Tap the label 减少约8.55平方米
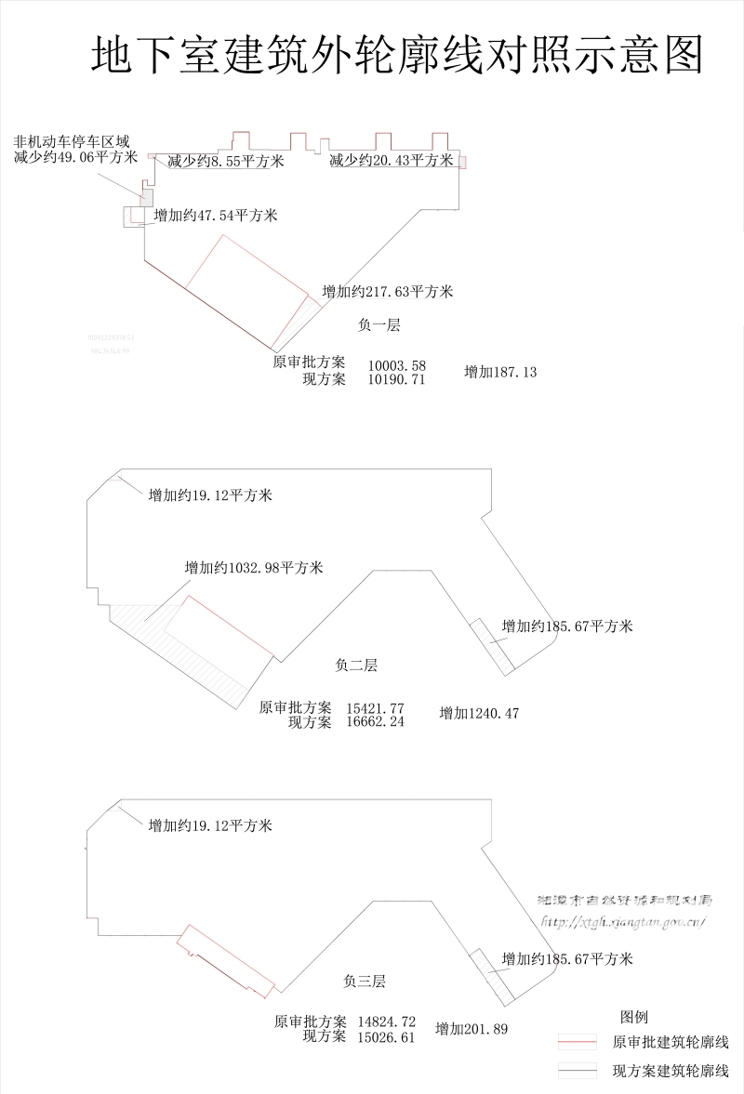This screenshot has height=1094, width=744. [x=225, y=162]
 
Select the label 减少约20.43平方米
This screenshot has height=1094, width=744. [x=392, y=161]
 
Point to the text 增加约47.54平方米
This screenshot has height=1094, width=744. [x=216, y=216]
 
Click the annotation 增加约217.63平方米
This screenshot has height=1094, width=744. [x=388, y=292]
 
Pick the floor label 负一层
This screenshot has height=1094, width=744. [x=379, y=324]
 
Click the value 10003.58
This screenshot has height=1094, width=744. [x=397, y=365]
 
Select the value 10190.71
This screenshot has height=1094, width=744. [x=397, y=379]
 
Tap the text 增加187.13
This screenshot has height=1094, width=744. [x=500, y=373]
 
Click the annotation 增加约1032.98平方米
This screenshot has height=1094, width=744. [x=254, y=568]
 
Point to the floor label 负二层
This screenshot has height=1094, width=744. [x=356, y=666]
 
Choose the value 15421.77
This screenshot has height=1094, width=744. [x=375, y=708]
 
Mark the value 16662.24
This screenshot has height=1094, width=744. [x=375, y=722]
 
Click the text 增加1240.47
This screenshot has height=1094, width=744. [x=479, y=714]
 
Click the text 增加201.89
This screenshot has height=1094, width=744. [x=472, y=1029]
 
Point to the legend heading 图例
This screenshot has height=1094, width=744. [x=634, y=1017]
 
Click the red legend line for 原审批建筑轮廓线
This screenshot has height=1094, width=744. [x=577, y=1043]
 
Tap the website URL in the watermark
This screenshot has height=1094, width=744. [x=623, y=922]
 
